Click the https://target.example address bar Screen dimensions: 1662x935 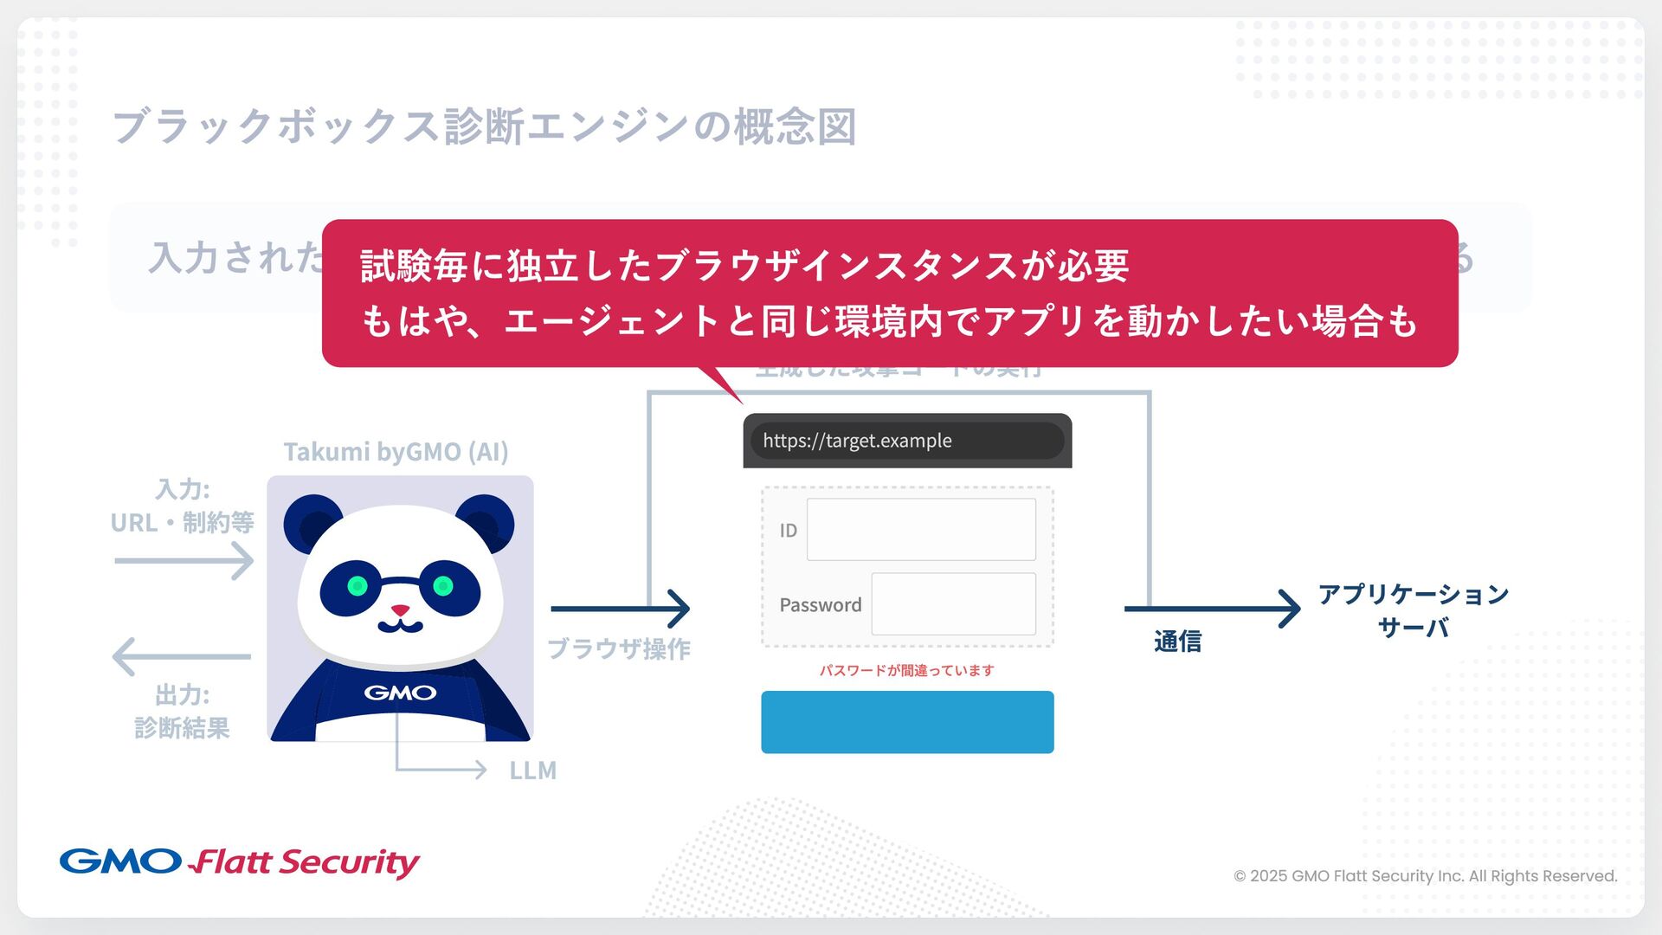pyautogui.click(x=906, y=441)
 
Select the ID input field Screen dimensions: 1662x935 pyautogui.click(x=921, y=529)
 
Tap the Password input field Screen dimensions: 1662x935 pyautogui.click(x=953, y=603)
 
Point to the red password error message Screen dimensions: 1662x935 pyautogui.click(x=906, y=670)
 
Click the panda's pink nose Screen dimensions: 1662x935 pyautogui.click(x=400, y=610)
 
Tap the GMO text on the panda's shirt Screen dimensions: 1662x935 pyautogui.click(x=400, y=693)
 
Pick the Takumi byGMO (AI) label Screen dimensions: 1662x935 pyautogui.click(x=396, y=452)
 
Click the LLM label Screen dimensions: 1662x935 pyautogui.click(x=532, y=771)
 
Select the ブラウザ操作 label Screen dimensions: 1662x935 pyautogui.click(x=618, y=648)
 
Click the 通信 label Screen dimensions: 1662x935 pyautogui.click(x=1177, y=642)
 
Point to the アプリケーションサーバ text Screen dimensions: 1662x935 pyautogui.click(x=1413, y=610)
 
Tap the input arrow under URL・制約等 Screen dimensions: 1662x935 pyautogui.click(x=184, y=561)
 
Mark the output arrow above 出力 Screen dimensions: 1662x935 pyautogui.click(x=182, y=656)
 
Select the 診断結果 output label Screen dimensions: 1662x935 pyautogui.click(x=182, y=728)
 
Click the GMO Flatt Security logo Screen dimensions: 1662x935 pyautogui.click(x=240, y=862)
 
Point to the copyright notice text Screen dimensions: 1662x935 pyautogui.click(x=1425, y=876)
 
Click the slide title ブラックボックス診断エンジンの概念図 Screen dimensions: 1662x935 pyautogui.click(x=485, y=126)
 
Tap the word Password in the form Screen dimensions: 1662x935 pyautogui.click(x=820, y=604)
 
